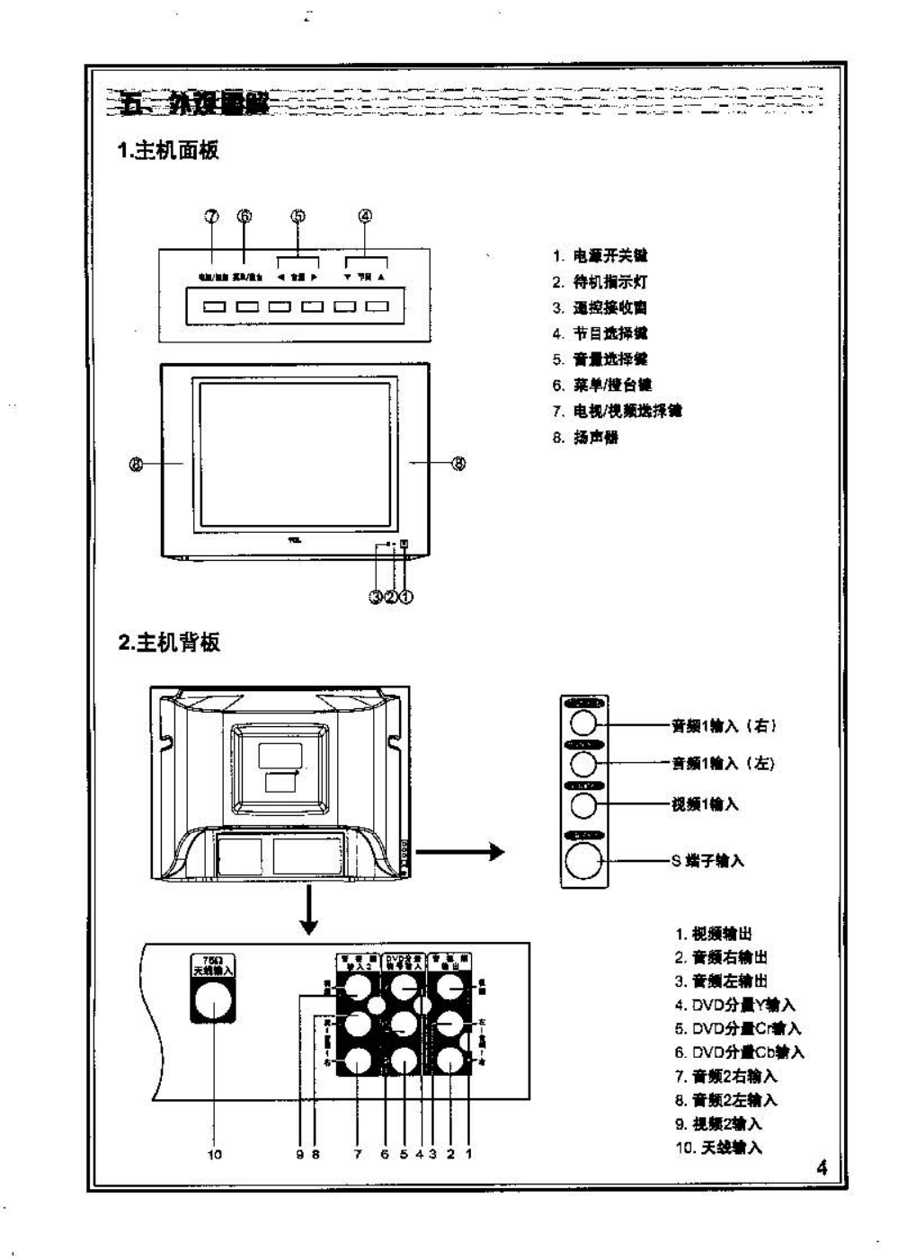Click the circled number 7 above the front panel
[211, 216]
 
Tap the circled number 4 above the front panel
[365, 216]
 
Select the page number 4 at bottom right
[822, 1167]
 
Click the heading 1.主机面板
[169, 150]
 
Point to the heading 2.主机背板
[169, 643]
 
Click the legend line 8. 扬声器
[585, 438]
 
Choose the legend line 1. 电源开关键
[600, 256]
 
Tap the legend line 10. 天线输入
[718, 1148]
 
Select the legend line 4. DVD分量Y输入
[735, 1005]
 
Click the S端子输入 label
[707, 861]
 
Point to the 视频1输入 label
[705, 804]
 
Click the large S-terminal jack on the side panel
[583, 862]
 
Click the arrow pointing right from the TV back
[459, 851]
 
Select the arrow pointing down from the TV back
[308, 910]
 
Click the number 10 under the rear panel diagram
[214, 1154]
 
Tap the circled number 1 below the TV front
[406, 596]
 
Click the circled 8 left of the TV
[137, 464]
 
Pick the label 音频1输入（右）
[724, 726]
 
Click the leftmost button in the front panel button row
[214, 306]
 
